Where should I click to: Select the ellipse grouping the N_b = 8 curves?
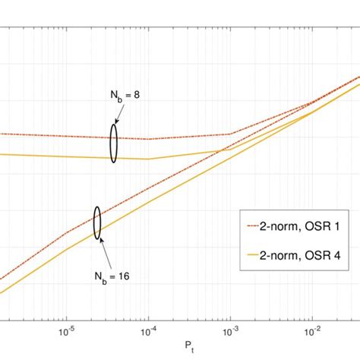pyautogui.click(x=113, y=144)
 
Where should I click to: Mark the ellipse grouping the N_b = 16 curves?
pyautogui.click(x=97, y=223)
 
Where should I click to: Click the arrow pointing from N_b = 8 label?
pyautogui.click(x=116, y=115)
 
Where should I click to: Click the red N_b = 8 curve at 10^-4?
pyautogui.click(x=149, y=139)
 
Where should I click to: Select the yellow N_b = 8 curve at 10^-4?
pyautogui.click(x=149, y=159)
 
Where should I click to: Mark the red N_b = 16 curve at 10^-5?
pyautogui.click(x=67, y=232)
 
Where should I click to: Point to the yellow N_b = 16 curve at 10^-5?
pyautogui.click(x=67, y=249)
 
